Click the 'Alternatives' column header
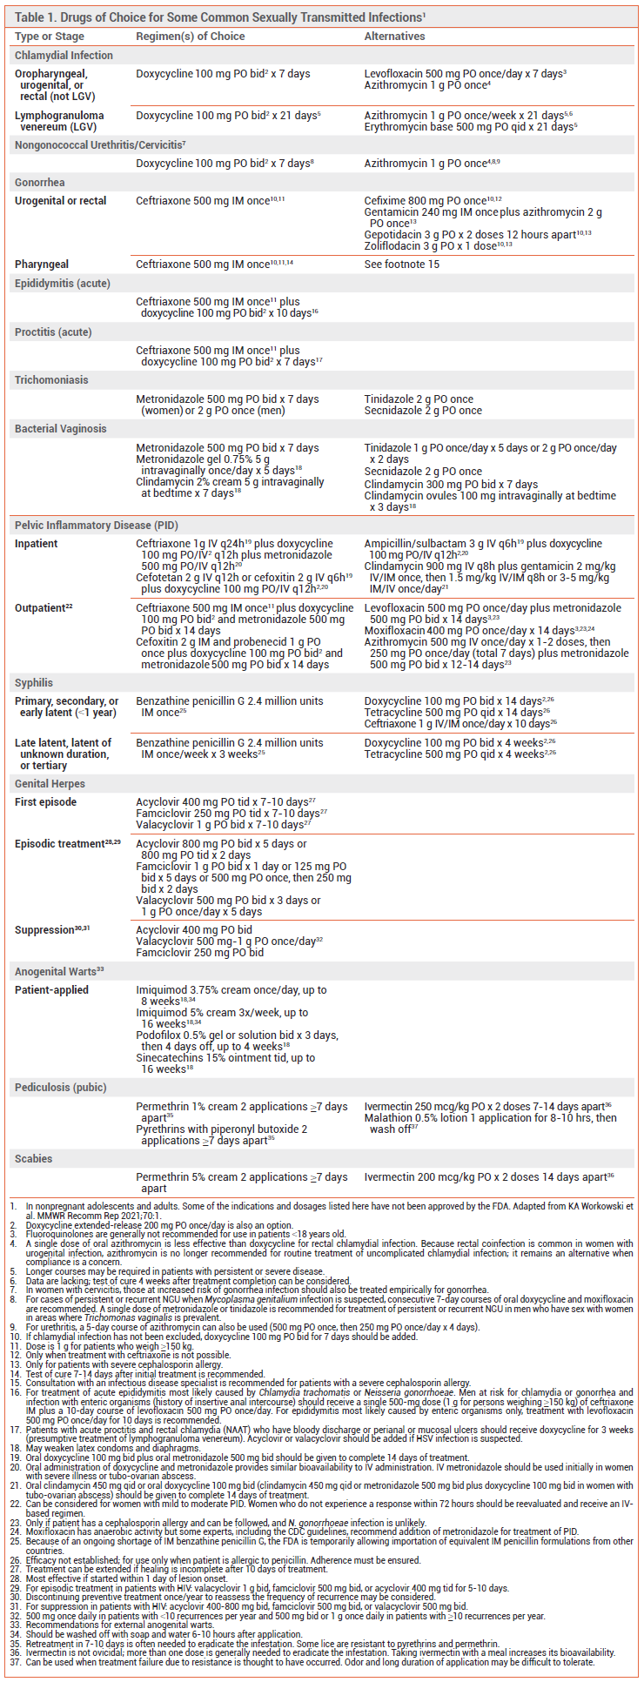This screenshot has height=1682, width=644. pos(394,37)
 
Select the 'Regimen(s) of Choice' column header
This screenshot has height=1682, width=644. pos(190,37)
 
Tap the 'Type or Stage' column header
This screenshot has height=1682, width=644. pos(50,37)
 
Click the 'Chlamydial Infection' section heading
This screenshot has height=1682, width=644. pos(64,56)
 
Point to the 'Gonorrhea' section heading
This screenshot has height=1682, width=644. pos(40,183)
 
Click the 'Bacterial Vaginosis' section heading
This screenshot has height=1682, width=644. pos(61,429)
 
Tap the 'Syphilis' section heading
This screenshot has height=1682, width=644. pos(34,683)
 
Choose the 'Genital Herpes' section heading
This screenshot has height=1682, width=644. pos(51,784)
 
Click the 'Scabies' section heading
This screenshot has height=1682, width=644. pos(33,1159)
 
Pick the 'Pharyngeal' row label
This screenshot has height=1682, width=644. pos(42,265)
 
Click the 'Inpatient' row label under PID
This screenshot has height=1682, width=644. pos(37,544)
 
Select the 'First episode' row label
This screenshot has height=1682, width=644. pos(45,802)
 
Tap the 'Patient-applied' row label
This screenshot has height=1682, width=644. pos(51,990)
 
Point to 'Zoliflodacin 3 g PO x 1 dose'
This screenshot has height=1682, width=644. pos(430,246)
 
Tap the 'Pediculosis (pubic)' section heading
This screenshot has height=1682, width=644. pos(60,1088)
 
